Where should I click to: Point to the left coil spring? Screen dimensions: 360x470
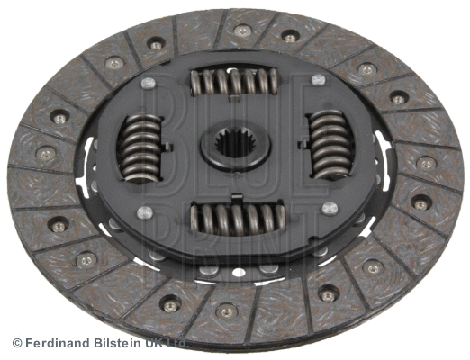pyautogui.click(x=142, y=148)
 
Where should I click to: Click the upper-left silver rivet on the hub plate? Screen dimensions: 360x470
pyautogui.click(x=149, y=83)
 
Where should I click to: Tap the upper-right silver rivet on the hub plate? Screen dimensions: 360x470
pyautogui.click(x=317, y=80)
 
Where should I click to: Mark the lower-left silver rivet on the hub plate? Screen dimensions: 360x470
pyautogui.click(x=143, y=212)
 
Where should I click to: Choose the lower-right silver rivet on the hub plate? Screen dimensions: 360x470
pyautogui.click(x=328, y=209)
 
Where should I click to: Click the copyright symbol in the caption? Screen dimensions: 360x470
pyautogui.click(x=17, y=343)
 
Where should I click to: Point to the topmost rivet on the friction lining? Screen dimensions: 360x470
pyautogui.click(x=241, y=30)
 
